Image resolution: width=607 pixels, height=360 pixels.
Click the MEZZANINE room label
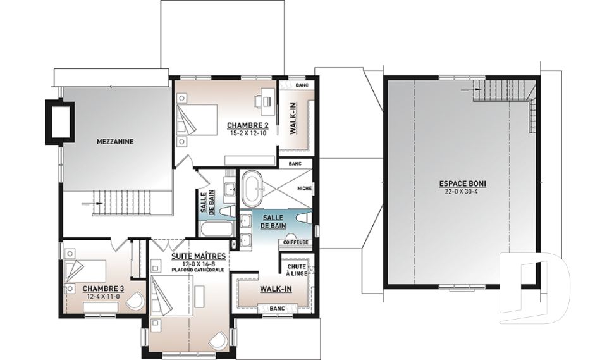click(x=114, y=142)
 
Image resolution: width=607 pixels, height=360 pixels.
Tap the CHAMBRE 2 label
click(x=247, y=125)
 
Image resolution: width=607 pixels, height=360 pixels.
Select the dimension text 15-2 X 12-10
click(x=247, y=132)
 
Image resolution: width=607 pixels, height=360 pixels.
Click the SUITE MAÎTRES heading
click(x=199, y=256)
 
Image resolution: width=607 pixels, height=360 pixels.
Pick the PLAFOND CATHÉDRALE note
click(x=199, y=270)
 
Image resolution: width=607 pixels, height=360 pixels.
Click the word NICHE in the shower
click(x=304, y=189)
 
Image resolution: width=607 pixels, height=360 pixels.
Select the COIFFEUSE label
click(x=296, y=242)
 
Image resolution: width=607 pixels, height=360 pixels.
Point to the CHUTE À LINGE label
click(x=297, y=270)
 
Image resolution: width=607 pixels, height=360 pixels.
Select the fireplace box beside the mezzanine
click(x=59, y=120)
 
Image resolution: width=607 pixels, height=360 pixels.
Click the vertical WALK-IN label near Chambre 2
click(x=293, y=118)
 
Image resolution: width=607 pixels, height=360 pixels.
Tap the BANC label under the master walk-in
click(x=277, y=309)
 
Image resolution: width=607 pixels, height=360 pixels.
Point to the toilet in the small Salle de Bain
click(x=225, y=211)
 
